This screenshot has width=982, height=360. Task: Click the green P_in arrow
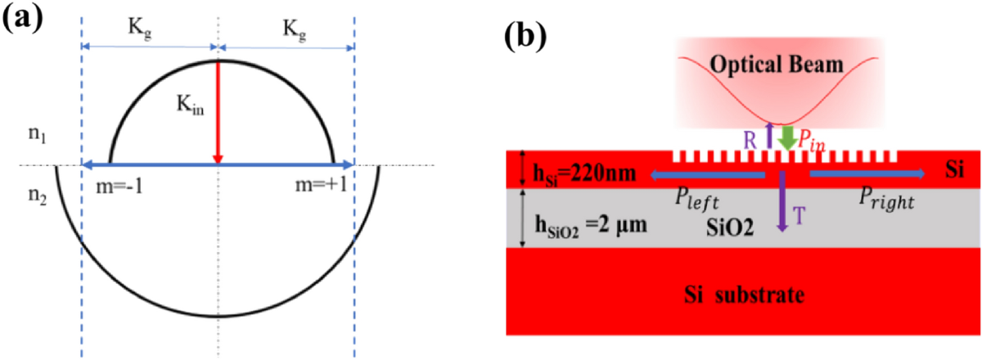pos(786,137)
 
